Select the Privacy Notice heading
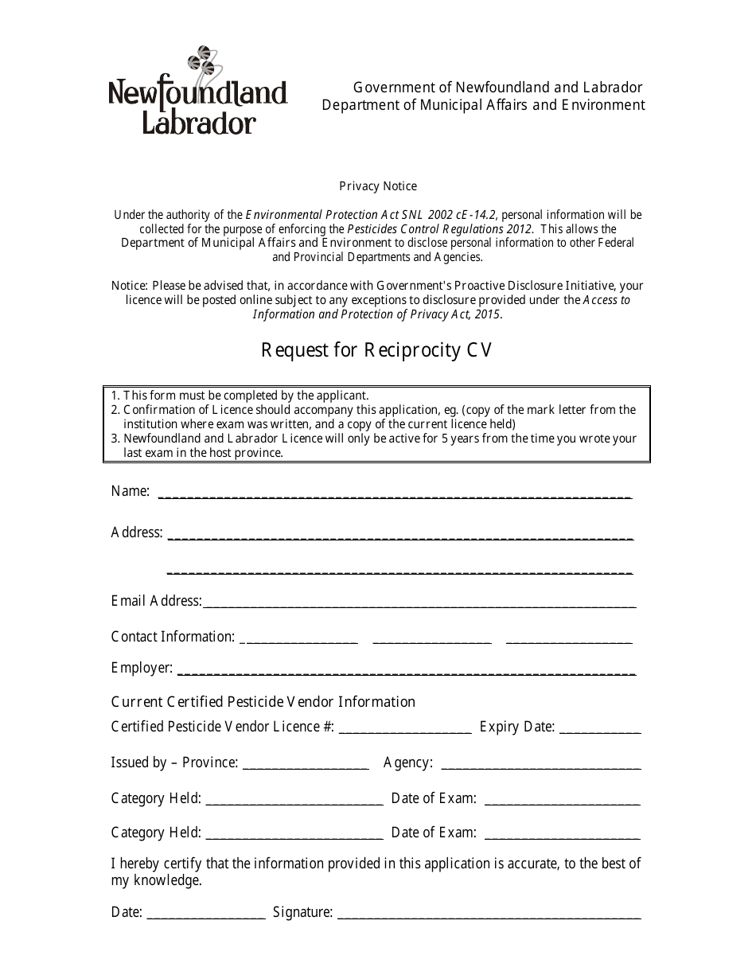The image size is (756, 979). (378, 186)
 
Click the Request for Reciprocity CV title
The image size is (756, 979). (377, 350)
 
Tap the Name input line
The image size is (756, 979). (395, 493)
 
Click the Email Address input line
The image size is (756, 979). (419, 603)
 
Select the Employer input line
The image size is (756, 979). (405, 669)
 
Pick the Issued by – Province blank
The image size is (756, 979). (305, 764)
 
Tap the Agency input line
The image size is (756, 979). (540, 764)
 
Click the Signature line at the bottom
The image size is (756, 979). (489, 914)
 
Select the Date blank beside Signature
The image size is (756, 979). (206, 914)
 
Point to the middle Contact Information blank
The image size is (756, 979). (432, 638)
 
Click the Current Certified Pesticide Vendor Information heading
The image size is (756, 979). (263, 702)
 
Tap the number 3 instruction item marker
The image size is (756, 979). (115, 439)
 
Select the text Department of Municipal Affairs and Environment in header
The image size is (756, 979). (483, 106)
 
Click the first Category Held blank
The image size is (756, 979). (294, 800)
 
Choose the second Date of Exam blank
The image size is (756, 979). (562, 834)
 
